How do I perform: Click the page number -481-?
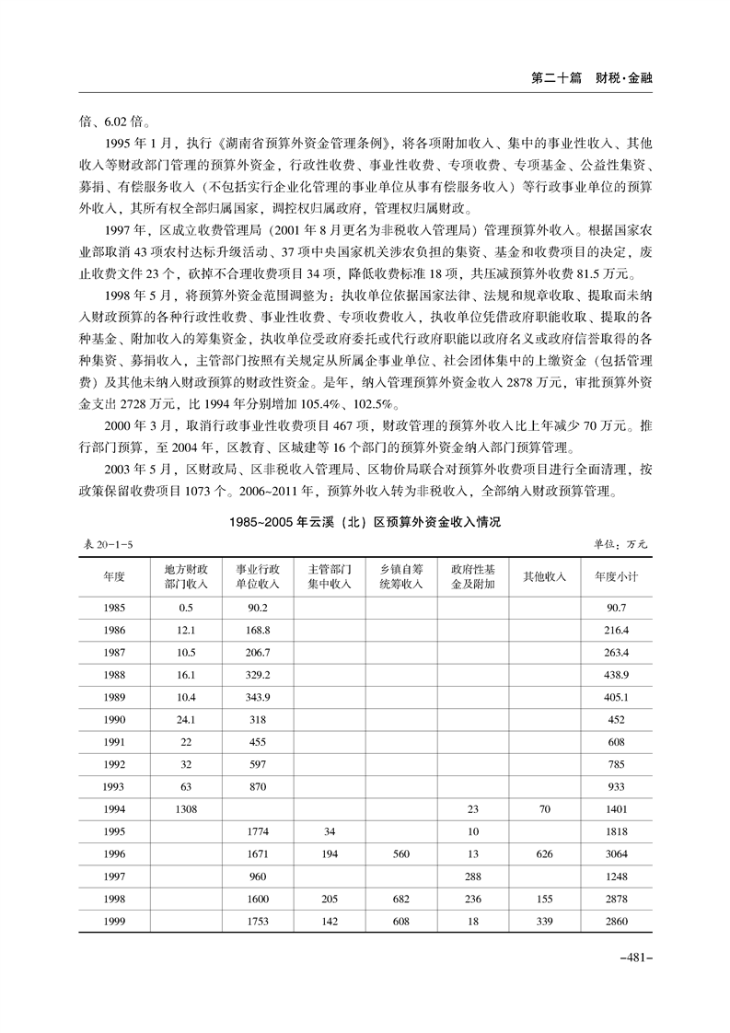click(x=634, y=959)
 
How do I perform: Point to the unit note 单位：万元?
click(x=620, y=545)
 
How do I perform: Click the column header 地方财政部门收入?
click(x=186, y=576)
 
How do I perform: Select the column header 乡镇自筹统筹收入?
click(x=401, y=576)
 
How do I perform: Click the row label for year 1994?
click(x=114, y=809)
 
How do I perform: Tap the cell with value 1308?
click(x=186, y=809)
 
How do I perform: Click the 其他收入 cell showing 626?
click(x=544, y=853)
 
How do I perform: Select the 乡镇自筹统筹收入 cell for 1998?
click(x=401, y=899)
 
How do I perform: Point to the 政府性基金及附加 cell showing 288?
click(x=473, y=876)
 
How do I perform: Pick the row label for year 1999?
click(x=114, y=921)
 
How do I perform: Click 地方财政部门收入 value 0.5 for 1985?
click(x=186, y=608)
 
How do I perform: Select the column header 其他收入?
click(x=544, y=576)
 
